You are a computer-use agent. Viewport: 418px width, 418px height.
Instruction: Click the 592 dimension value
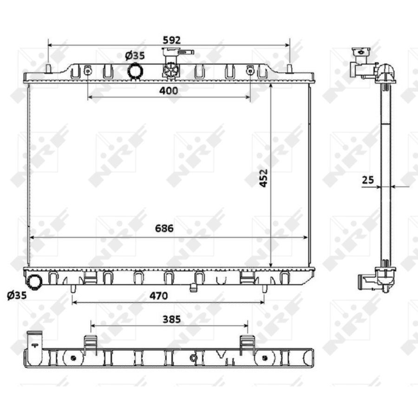(x=172, y=40)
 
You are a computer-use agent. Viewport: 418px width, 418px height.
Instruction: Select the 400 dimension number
(x=169, y=91)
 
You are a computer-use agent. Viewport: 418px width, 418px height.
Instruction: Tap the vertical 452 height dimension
(x=263, y=178)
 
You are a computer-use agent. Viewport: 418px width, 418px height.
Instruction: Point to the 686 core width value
(x=164, y=228)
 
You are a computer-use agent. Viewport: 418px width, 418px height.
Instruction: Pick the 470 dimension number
(x=159, y=296)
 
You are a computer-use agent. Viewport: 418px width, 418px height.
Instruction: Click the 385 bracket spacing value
(x=172, y=319)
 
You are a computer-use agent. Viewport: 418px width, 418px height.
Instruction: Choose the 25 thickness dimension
(x=368, y=180)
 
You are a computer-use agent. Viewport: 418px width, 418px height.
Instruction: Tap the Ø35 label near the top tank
(x=135, y=55)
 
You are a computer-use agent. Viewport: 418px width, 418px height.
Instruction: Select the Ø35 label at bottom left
(x=17, y=295)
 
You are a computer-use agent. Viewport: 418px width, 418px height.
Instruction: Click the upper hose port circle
(x=136, y=71)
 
